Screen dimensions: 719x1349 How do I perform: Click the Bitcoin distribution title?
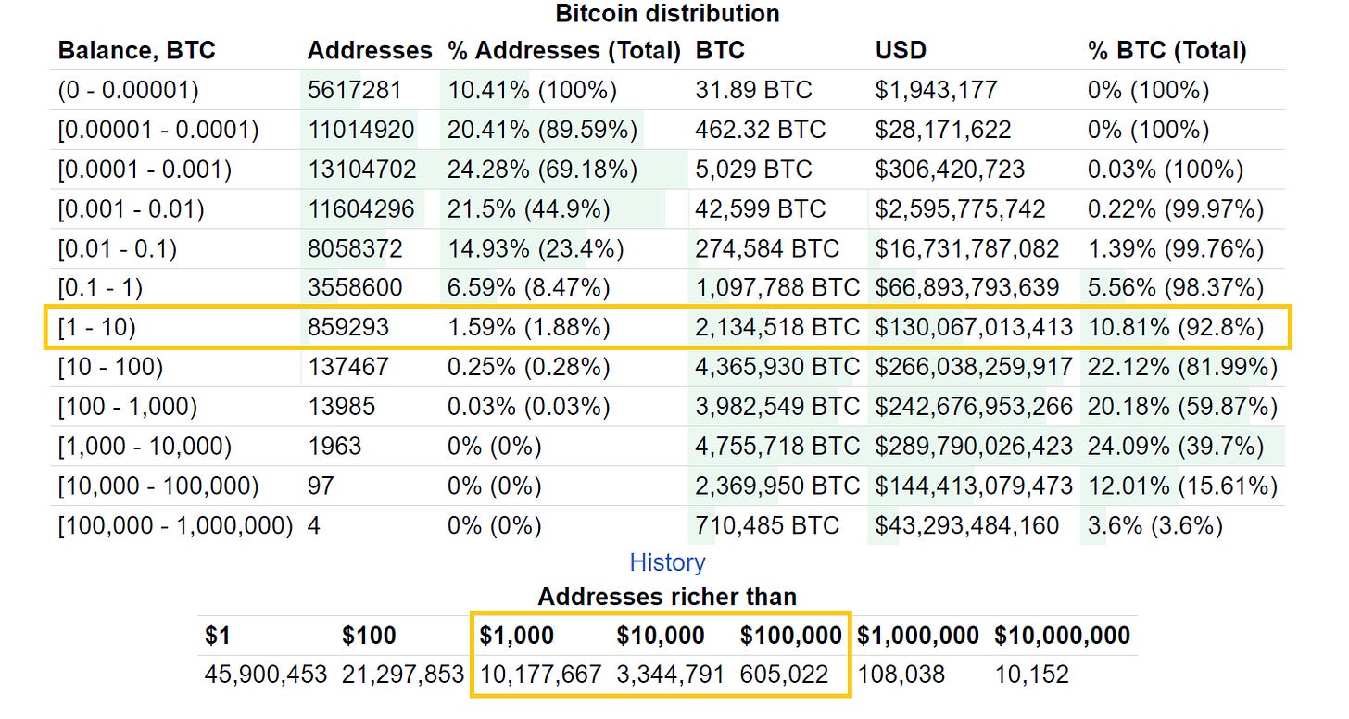[667, 14]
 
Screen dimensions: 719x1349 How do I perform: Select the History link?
[667, 562]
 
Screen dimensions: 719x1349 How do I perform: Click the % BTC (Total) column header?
[1166, 50]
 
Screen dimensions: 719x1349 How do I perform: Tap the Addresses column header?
[370, 50]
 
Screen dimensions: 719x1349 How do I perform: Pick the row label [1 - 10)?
[97, 328]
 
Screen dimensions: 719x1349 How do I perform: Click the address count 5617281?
[355, 91]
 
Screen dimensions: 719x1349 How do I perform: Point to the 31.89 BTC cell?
[753, 91]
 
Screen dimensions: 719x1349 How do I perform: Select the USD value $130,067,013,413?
[974, 328]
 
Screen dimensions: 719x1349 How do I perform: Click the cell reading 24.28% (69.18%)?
[542, 170]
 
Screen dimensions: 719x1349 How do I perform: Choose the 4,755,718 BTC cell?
[777, 447]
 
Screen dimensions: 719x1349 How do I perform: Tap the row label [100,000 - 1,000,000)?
[175, 526]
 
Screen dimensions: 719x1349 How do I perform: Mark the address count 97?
[321, 486]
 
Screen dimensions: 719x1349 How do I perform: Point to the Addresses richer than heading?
[667, 597]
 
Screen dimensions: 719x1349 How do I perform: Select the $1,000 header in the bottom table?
[517, 636]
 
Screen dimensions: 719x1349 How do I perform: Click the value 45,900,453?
[266, 675]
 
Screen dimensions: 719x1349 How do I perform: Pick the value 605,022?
[784, 675]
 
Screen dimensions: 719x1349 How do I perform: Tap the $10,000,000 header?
[1062, 636]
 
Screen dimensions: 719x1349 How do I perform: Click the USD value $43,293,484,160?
[966, 526]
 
